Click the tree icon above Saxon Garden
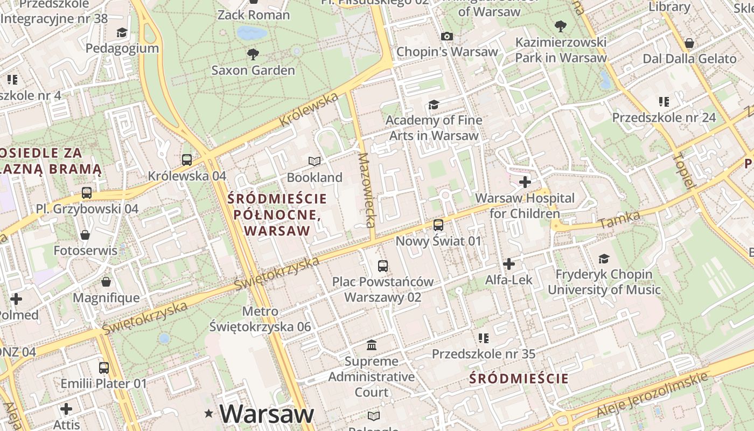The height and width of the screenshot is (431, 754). (x=252, y=54)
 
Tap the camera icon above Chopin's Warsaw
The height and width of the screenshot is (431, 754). (x=446, y=37)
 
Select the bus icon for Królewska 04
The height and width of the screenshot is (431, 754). (x=187, y=159)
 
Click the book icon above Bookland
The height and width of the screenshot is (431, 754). (x=315, y=161)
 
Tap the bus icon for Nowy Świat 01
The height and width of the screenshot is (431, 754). (x=438, y=225)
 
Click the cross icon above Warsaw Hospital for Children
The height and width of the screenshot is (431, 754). (x=525, y=182)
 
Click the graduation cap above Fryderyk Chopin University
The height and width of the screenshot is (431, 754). (x=604, y=259)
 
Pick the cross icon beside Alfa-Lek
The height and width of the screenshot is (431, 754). (x=509, y=264)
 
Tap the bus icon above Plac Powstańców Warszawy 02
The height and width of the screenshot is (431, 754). (x=383, y=266)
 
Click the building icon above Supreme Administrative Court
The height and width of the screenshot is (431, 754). (x=372, y=345)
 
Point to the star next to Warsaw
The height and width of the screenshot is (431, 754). (x=209, y=413)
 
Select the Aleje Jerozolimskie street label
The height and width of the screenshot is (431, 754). (x=652, y=395)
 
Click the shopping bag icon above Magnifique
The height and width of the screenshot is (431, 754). (x=106, y=282)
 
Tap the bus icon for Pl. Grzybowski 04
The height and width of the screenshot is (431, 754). (x=87, y=192)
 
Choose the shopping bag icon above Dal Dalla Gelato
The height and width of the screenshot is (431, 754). (x=689, y=43)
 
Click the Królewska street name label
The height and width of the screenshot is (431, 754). (x=309, y=110)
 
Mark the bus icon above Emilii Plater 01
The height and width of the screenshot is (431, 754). (x=104, y=368)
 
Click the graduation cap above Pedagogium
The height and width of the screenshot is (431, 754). (x=122, y=32)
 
